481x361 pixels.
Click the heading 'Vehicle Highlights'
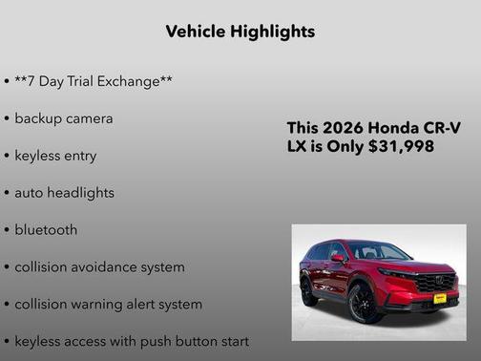pos(240,32)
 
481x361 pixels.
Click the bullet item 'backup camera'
pos(63,118)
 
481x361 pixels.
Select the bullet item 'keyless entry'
pos(55,156)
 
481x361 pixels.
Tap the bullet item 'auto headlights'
pos(64,192)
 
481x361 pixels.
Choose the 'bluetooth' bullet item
pos(46,230)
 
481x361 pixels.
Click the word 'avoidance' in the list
pos(103,267)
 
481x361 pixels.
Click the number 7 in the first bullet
pos(32,81)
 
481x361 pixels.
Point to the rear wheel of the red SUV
pos(308,290)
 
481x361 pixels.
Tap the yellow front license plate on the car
pos(440,298)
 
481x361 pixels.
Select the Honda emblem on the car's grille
pos(446,281)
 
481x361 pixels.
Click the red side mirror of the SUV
pos(338,258)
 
